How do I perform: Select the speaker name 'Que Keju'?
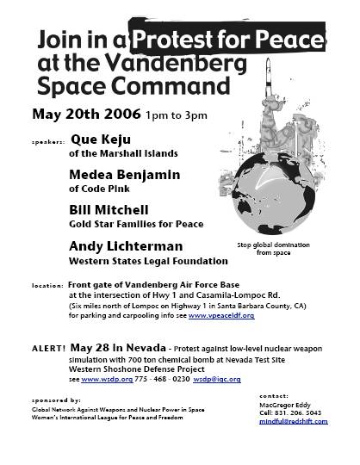[100, 138]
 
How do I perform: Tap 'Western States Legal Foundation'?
[142, 261]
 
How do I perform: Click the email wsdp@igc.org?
[216, 379]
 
